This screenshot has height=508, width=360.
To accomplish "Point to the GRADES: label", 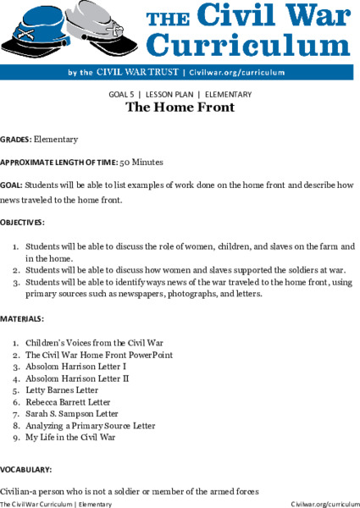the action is click(x=15, y=139).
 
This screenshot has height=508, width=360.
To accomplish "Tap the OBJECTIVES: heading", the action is click(x=22, y=222).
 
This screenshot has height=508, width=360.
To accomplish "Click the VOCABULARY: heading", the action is click(x=26, y=468).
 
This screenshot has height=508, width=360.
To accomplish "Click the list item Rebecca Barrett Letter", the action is click(x=68, y=402).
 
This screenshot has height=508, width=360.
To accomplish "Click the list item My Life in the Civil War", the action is click(x=70, y=438).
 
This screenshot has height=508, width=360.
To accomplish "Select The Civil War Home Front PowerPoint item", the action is click(x=98, y=355).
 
